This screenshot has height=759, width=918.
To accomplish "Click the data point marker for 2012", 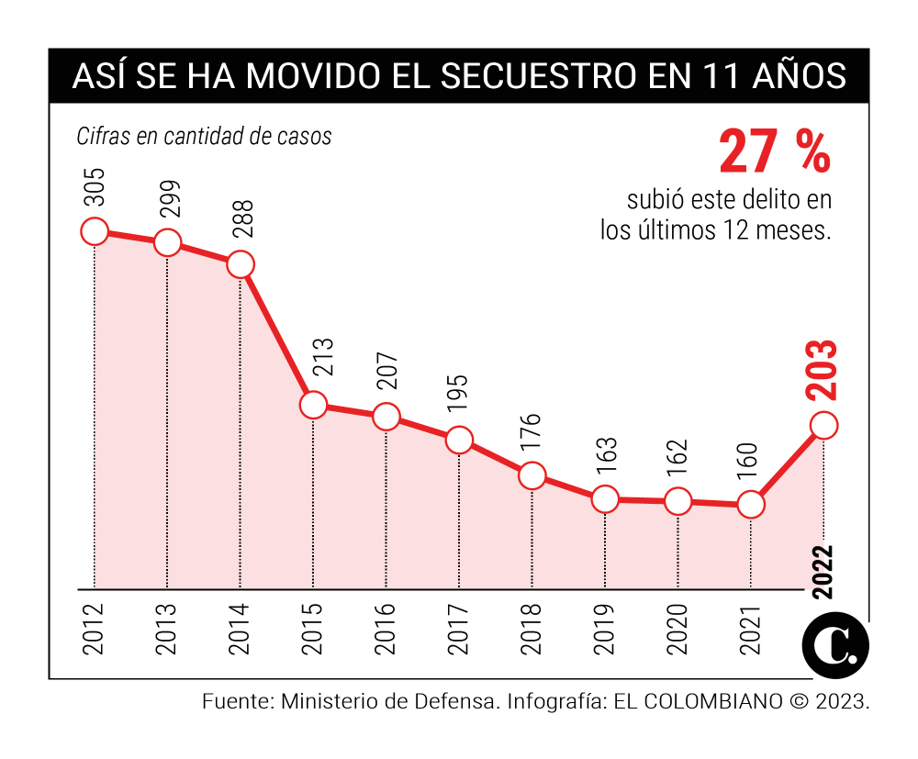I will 95,232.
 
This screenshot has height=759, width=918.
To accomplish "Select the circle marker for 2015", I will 313,405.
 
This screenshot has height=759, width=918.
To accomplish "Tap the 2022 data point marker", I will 823,426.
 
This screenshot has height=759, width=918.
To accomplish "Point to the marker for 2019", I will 605,499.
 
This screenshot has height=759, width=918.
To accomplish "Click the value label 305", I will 95,187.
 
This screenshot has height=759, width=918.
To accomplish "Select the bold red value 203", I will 823,370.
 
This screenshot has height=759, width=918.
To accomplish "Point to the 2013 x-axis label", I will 167,629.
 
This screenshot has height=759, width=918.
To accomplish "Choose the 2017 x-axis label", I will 459,629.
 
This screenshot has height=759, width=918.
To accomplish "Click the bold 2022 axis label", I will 823,572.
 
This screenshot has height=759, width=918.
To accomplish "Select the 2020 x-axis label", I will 677,629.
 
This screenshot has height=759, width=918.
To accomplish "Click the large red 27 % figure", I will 774,152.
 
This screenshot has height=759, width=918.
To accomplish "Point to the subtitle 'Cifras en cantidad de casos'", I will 204,137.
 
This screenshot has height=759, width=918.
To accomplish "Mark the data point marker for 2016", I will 386,416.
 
